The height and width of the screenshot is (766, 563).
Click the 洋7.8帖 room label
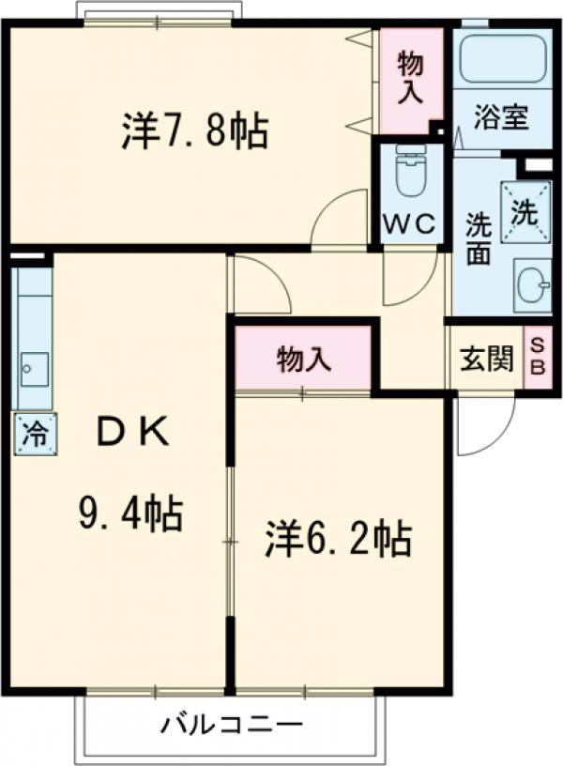point(194,131)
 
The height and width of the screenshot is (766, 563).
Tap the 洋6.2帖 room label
point(338,539)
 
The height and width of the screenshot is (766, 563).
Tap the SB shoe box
point(538,358)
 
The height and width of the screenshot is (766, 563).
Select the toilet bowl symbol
point(411,172)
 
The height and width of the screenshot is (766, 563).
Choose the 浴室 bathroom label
point(500,119)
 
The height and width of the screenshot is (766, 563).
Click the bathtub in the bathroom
point(503,60)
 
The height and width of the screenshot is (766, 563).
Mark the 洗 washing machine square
point(524,208)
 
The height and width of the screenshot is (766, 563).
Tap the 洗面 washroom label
point(479,240)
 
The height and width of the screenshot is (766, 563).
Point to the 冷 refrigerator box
point(35,434)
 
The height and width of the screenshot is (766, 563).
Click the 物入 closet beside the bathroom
point(411,77)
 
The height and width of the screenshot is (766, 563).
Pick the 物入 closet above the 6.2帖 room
point(304,358)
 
